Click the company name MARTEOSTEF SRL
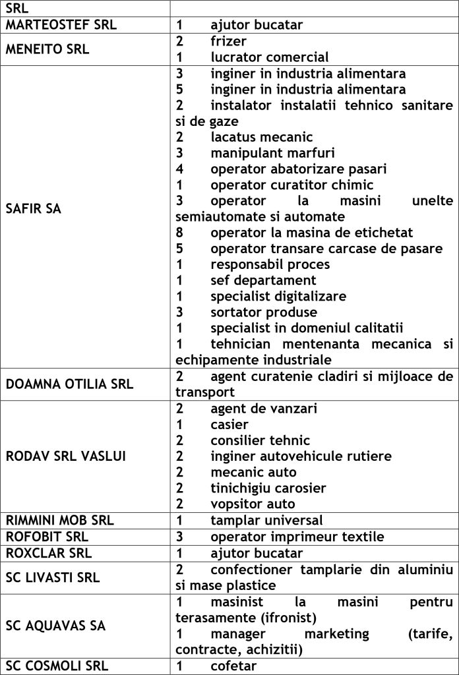pyautogui.click(x=61, y=26)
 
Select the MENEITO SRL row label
pyautogui.click(x=47, y=49)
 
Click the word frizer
pyautogui.click(x=229, y=42)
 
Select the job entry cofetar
pyautogui.click(x=233, y=666)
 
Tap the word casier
pyautogui.click(x=229, y=425)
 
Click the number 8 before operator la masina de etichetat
pyautogui.click(x=179, y=233)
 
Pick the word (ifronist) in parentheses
pyautogui.click(x=276, y=618)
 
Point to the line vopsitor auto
pyautogui.click(x=253, y=504)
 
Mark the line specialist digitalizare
pyautogui.click(x=278, y=296)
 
